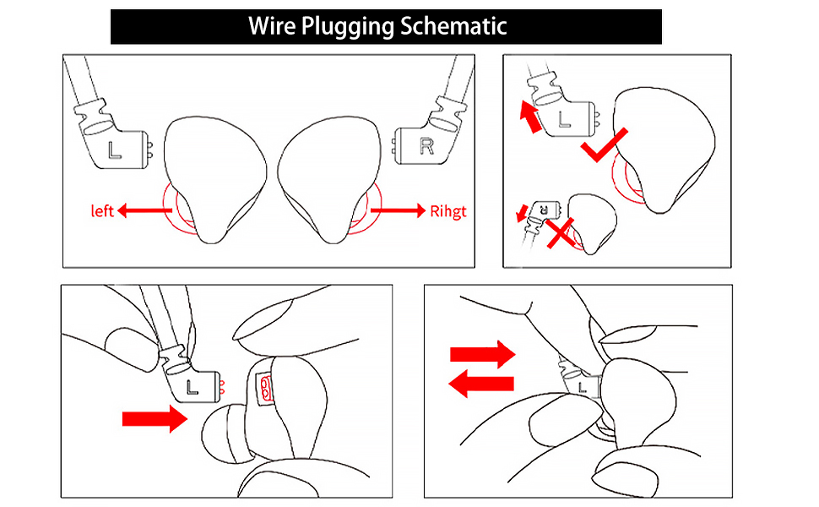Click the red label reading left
pos(101,210)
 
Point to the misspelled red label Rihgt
pos(447,211)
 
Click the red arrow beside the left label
pos(144,210)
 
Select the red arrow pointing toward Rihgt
pos(396,211)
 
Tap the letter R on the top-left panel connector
pos(427,148)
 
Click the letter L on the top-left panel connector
pos(117,150)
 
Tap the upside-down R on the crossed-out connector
pos(545,206)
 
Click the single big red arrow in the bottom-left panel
pos(155,417)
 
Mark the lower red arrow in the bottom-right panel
pos(480,385)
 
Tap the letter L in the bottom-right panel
pos(583,387)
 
